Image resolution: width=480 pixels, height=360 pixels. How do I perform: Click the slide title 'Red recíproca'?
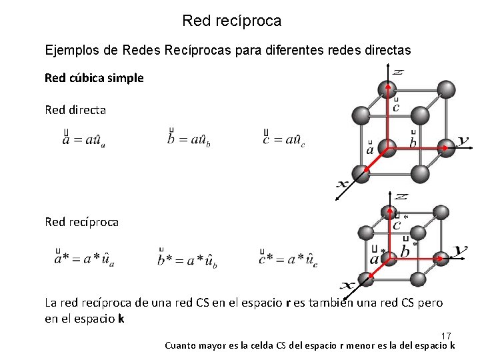click(x=231, y=21)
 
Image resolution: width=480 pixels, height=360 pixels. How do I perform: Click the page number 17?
click(x=446, y=335)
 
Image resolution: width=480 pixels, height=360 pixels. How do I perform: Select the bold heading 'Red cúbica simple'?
click(x=94, y=78)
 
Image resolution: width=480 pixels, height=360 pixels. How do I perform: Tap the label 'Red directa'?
click(x=75, y=110)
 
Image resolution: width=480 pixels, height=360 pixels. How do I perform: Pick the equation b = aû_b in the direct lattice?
click(x=189, y=139)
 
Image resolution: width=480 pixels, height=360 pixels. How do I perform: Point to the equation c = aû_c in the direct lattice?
click(x=285, y=139)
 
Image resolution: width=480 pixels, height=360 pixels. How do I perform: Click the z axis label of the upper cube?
click(x=397, y=71)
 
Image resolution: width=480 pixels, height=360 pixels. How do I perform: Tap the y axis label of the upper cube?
click(x=463, y=141)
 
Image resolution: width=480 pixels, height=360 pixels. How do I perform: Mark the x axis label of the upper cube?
click(x=343, y=183)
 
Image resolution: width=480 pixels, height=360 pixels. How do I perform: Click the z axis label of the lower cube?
click(x=401, y=197)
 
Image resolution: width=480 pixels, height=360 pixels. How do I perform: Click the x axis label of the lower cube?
click(x=347, y=284)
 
